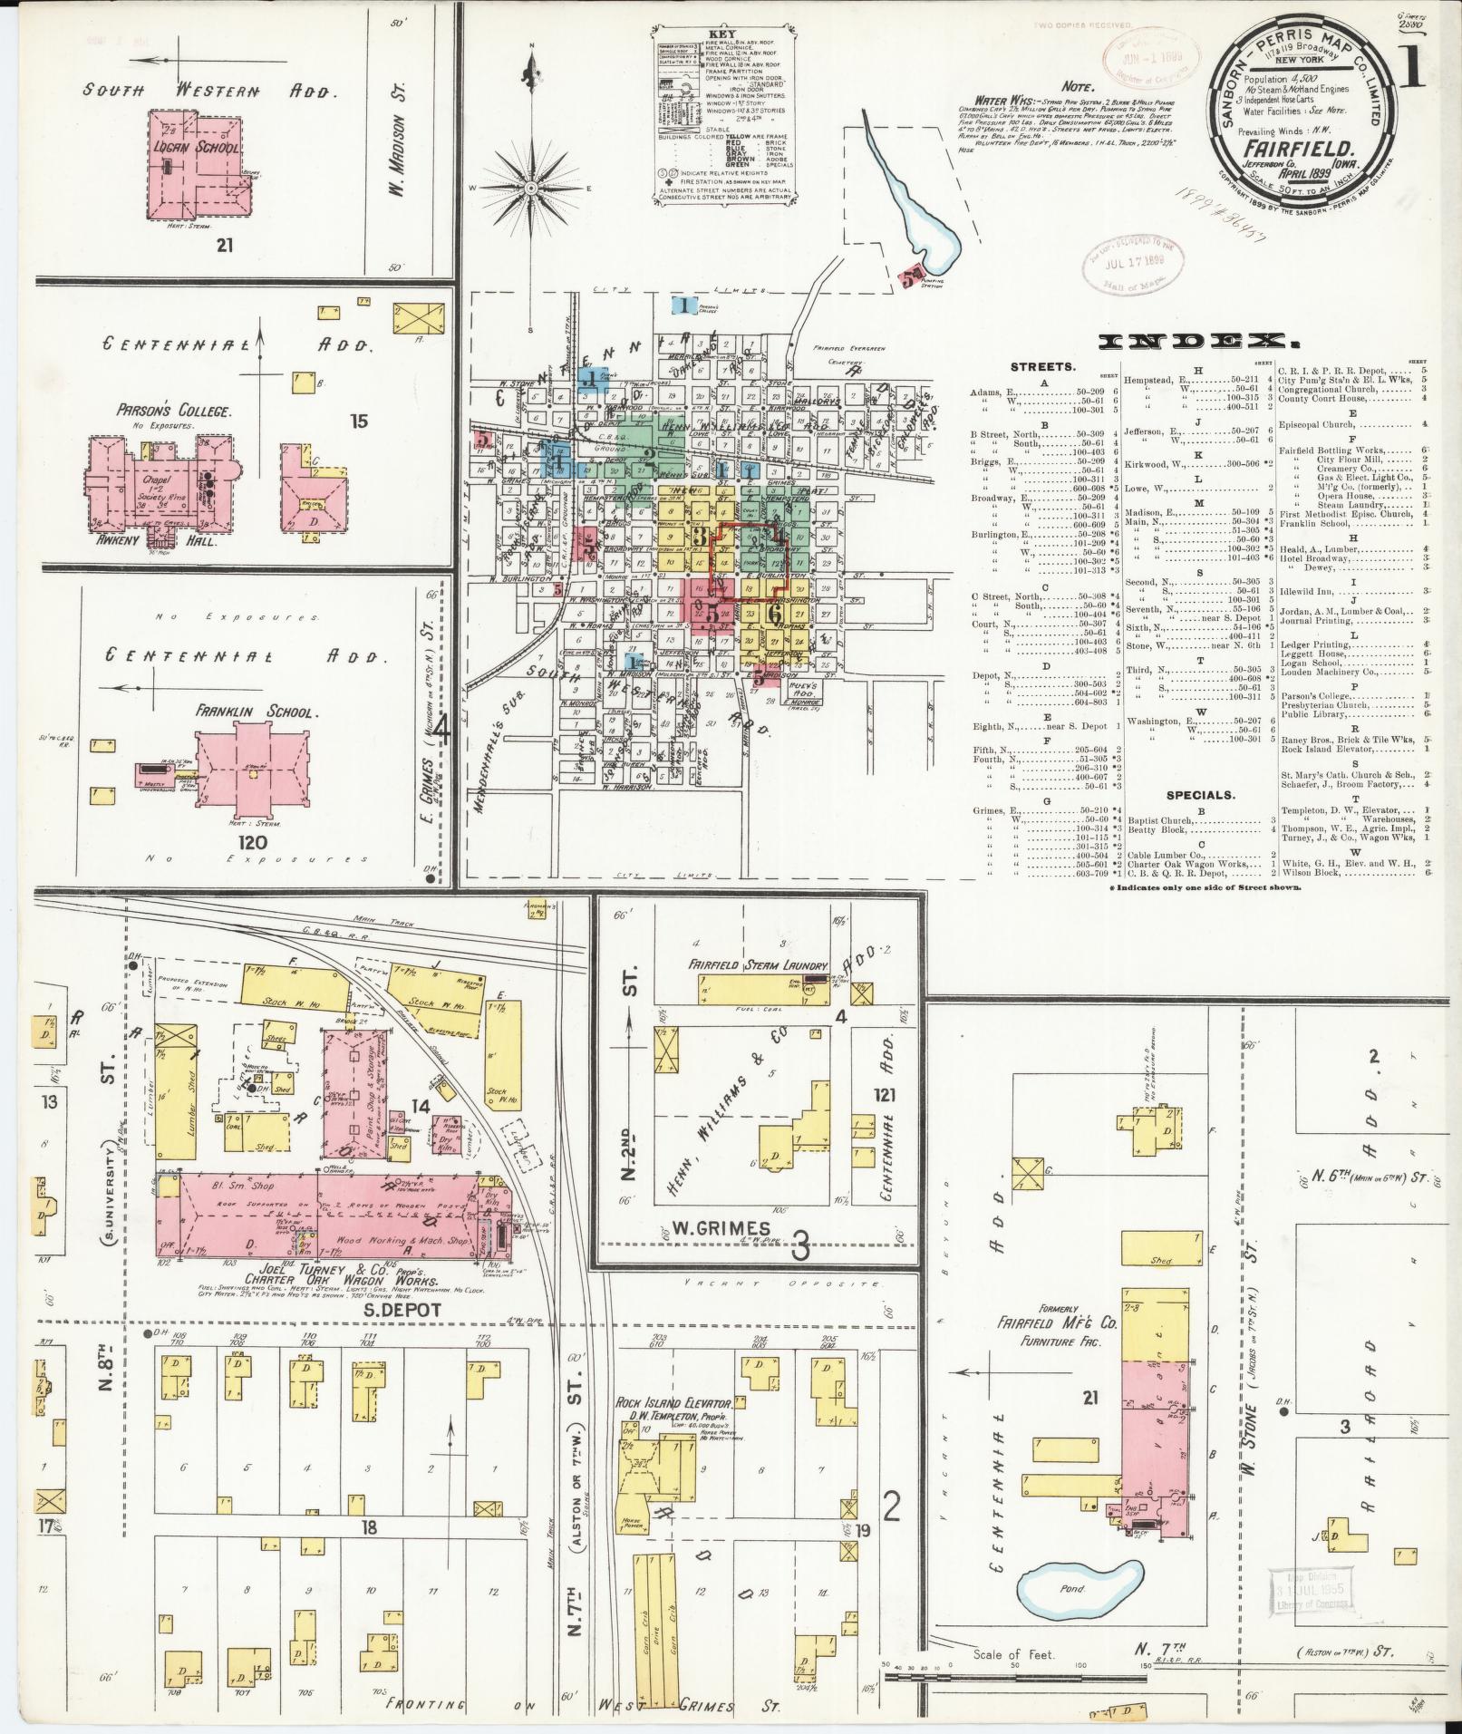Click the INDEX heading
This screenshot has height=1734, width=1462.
[x=1198, y=341]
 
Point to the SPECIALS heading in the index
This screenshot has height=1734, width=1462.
[x=1200, y=795]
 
